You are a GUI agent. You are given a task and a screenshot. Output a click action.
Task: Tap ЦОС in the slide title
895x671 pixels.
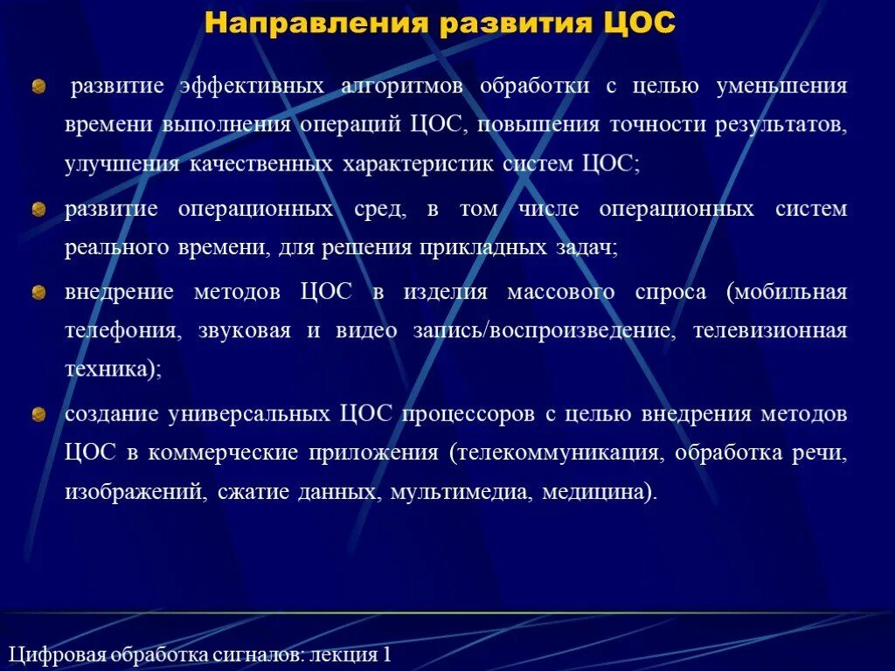coord(640,23)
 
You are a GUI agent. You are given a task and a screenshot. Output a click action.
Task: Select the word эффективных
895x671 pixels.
coord(253,86)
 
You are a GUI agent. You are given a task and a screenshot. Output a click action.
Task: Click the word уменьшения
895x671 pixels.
coord(781,86)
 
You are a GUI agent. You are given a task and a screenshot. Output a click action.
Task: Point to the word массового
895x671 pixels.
coord(560,293)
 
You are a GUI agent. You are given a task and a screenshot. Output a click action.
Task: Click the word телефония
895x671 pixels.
coord(112,331)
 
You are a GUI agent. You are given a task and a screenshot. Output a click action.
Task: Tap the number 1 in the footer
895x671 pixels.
coord(385,654)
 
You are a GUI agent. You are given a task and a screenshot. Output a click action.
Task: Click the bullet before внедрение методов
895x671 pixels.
coord(38,293)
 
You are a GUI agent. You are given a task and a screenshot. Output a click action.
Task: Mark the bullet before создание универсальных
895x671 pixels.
coord(38,414)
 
